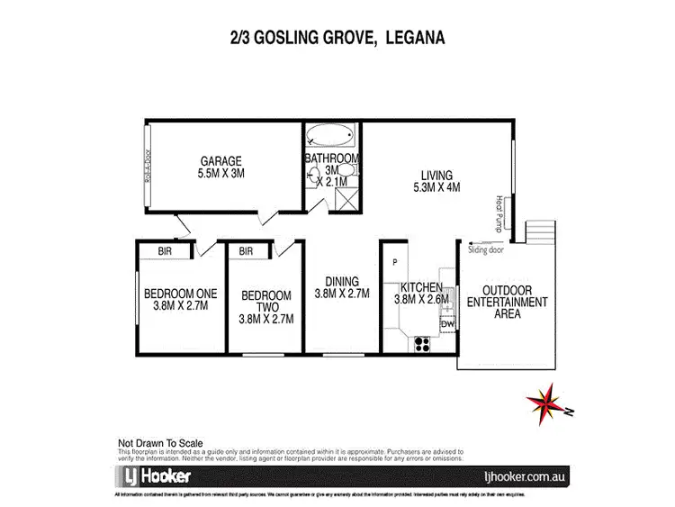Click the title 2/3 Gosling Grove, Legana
(x=338, y=38)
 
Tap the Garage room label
(x=221, y=167)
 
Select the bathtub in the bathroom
(x=330, y=139)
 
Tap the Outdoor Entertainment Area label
(x=506, y=303)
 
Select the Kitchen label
(x=418, y=293)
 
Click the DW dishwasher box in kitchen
(x=447, y=324)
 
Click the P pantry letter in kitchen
(x=394, y=262)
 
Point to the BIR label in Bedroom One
(x=166, y=251)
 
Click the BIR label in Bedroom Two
(x=247, y=251)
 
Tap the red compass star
(x=544, y=402)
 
